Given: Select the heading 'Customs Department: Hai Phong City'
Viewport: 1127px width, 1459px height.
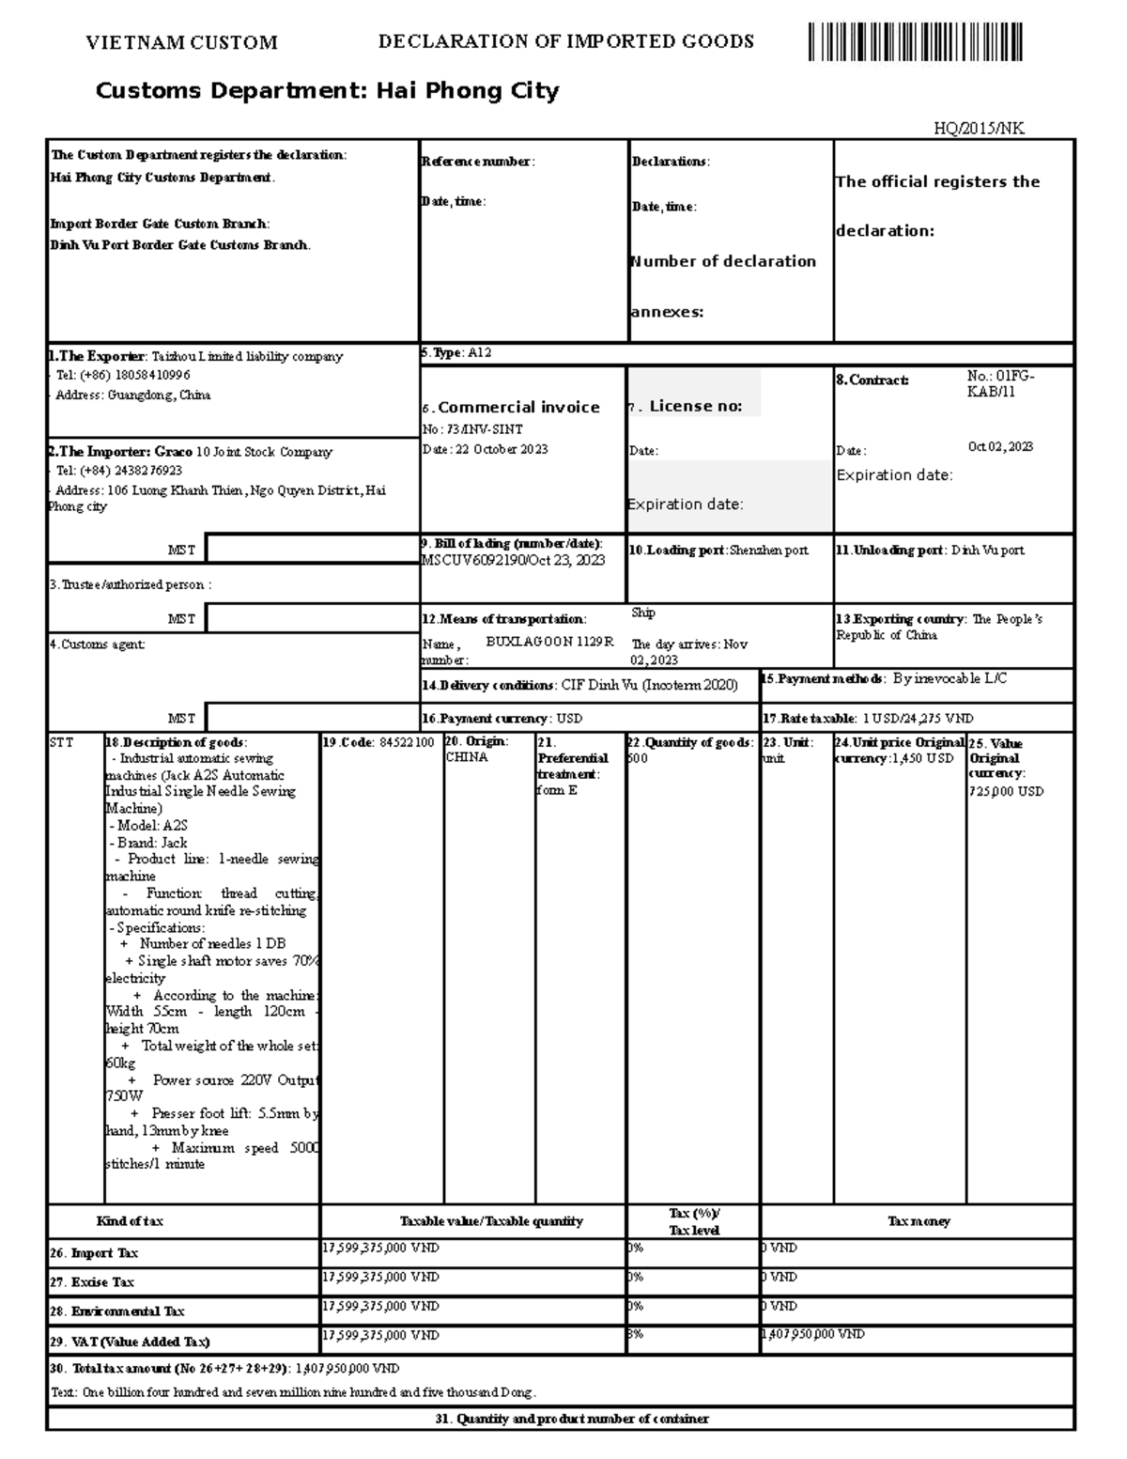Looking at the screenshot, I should pyautogui.click(x=327, y=91).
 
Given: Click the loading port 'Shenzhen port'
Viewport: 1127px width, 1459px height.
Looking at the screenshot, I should pyautogui.click(x=768, y=551).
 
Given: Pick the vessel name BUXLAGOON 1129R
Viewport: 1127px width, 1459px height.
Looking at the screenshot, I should pyautogui.click(x=548, y=642).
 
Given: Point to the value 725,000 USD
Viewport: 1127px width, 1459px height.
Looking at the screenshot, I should pyautogui.click(x=1006, y=791).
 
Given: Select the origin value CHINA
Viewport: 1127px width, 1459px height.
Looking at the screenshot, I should pyautogui.click(x=467, y=757).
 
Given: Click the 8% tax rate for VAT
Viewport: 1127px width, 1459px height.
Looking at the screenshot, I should pyautogui.click(x=635, y=1334).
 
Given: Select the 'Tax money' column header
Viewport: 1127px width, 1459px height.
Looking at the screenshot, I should pyautogui.click(x=919, y=1221).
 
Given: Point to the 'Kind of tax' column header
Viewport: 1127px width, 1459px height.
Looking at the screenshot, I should pyautogui.click(x=130, y=1221).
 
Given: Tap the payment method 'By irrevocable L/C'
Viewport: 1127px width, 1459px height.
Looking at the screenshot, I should pyautogui.click(x=949, y=678).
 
